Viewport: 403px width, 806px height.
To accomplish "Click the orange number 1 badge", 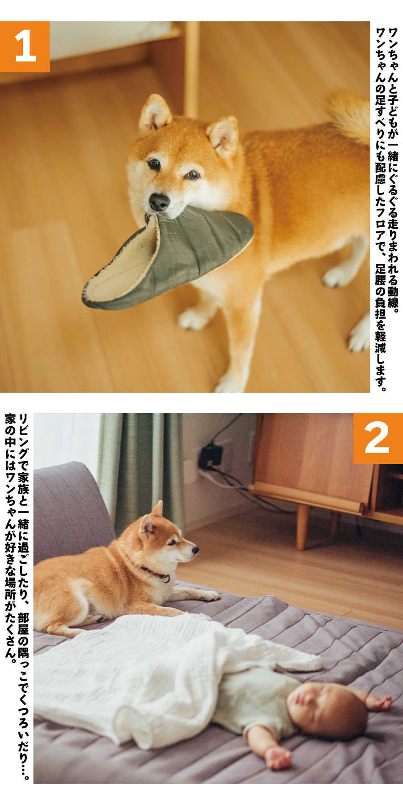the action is click(x=25, y=47).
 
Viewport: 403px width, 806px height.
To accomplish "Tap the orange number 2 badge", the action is click(x=377, y=438).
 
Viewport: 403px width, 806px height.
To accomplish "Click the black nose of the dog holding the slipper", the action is click(x=159, y=201).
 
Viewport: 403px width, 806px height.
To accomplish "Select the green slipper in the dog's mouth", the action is click(x=168, y=260).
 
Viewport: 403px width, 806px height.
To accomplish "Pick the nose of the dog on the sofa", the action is click(x=195, y=548).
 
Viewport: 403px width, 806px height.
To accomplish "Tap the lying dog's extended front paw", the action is click(x=208, y=595).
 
